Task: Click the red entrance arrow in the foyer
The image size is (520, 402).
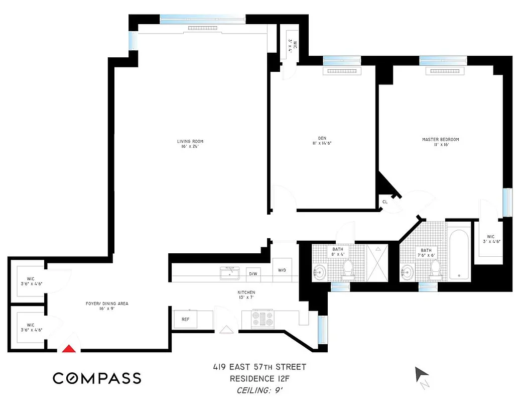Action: click(69, 348)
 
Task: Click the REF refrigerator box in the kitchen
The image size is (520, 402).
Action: click(185, 319)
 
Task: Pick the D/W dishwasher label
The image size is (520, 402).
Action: click(253, 274)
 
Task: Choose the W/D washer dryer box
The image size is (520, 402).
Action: click(282, 270)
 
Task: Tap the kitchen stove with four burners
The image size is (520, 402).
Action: click(263, 319)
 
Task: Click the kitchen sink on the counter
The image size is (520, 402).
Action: click(231, 273)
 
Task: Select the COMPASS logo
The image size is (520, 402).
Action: click(97, 378)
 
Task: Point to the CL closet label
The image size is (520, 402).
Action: click(385, 202)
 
